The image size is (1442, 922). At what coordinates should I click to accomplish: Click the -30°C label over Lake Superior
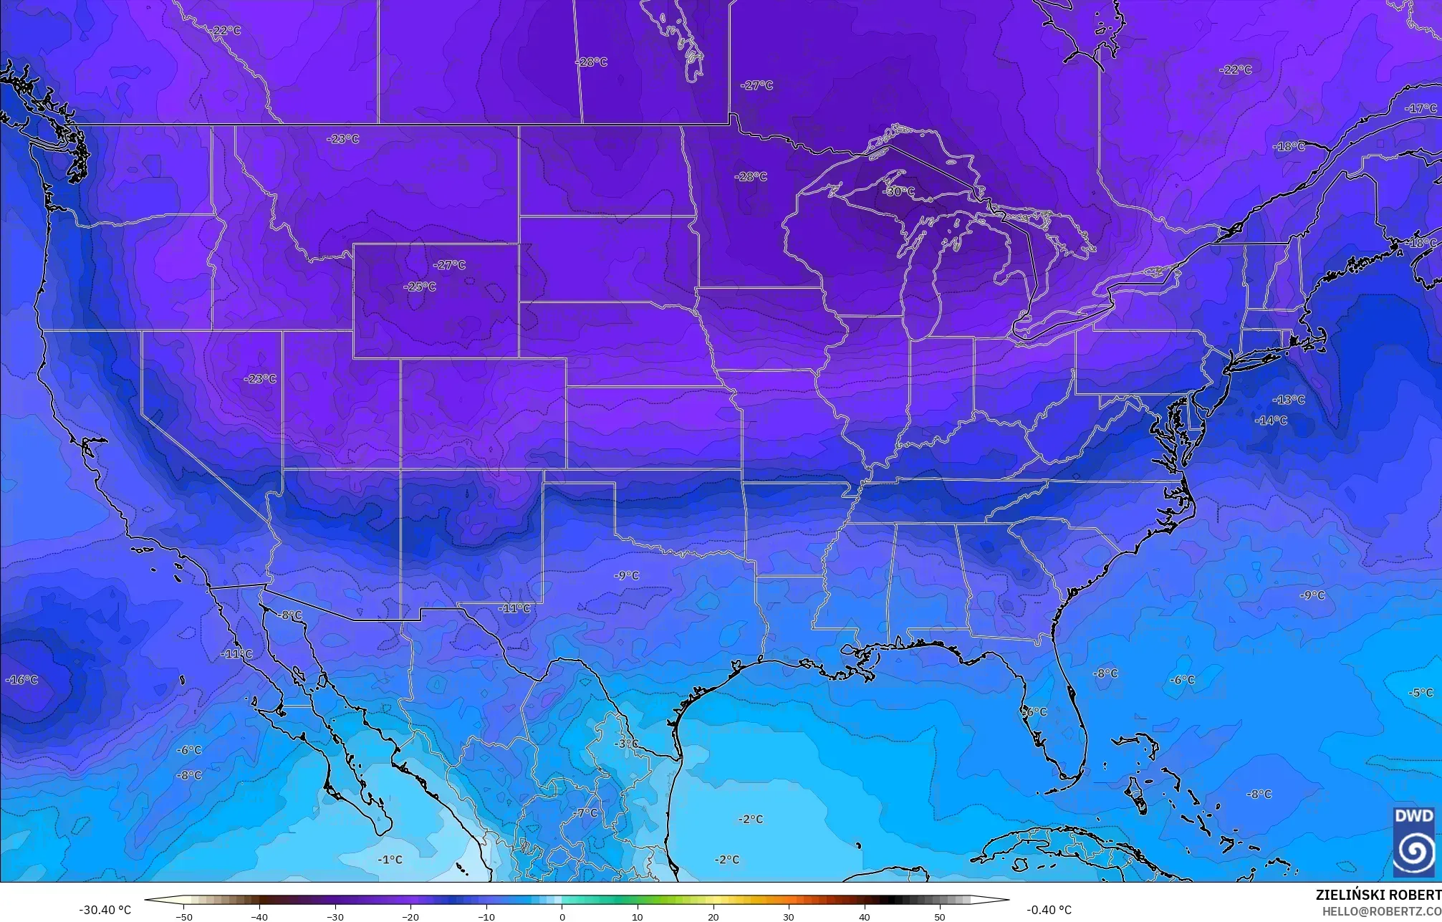(899, 192)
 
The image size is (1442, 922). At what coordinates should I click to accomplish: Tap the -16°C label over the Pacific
(22, 680)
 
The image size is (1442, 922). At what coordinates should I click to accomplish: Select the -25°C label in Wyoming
(420, 287)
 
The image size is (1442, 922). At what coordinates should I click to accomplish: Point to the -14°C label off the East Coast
(1271, 421)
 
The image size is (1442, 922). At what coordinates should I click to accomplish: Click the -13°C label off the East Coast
(1289, 400)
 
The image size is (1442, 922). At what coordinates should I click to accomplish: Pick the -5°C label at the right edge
(1421, 693)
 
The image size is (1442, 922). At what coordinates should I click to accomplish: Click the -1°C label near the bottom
(390, 860)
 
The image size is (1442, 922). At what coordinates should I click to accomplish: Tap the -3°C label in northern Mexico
(626, 744)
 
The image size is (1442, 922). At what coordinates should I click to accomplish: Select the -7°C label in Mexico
(586, 813)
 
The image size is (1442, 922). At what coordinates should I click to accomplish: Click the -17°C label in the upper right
(1421, 109)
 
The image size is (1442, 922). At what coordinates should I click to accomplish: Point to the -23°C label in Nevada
(260, 379)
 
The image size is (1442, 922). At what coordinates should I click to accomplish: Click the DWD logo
(1414, 842)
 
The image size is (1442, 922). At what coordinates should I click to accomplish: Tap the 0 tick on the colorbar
(562, 916)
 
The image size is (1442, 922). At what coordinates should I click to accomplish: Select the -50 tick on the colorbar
(184, 916)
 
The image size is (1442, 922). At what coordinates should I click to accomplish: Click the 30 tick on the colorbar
(789, 916)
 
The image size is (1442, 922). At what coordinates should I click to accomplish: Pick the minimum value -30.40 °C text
(105, 910)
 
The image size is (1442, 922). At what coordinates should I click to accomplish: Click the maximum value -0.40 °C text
(1049, 910)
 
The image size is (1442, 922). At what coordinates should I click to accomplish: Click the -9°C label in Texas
(627, 576)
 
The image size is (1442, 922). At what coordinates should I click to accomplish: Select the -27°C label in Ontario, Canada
(757, 85)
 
